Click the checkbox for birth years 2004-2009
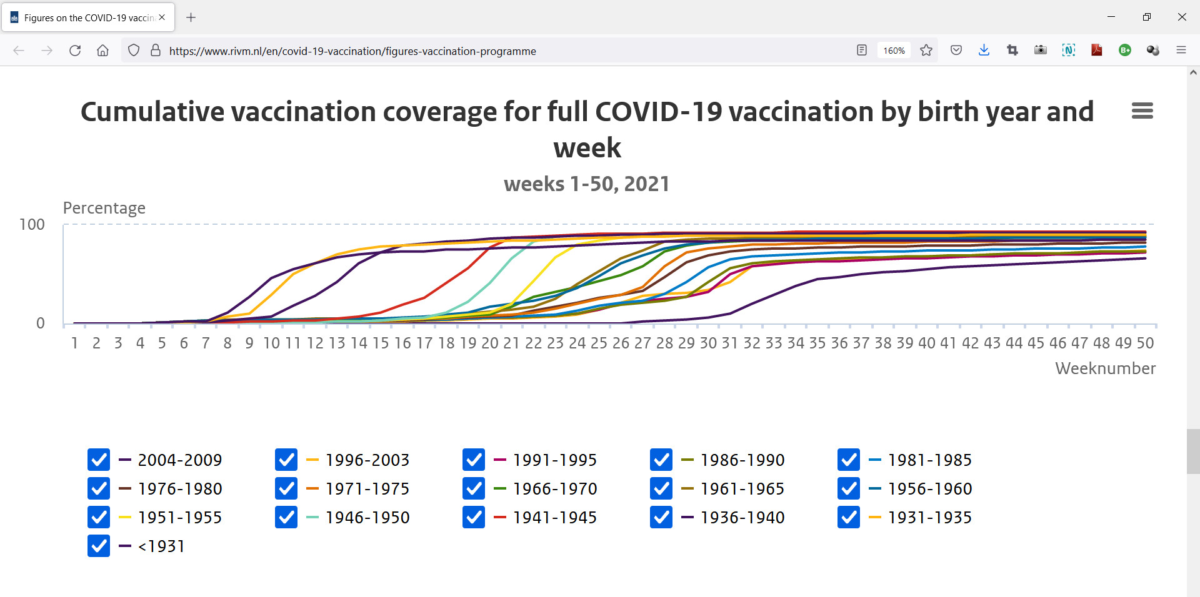coord(99,460)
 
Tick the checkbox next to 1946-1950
coord(286,518)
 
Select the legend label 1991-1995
coord(555,460)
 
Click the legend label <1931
coord(161,546)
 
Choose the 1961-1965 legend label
coord(742,489)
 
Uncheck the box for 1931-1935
coord(849,518)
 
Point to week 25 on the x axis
coord(599,343)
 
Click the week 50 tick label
coord(1145,343)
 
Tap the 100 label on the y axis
coord(32,225)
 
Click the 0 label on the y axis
coord(41,323)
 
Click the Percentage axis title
coord(104,208)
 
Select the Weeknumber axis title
coord(1106,368)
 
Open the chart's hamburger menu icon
coord(1142,111)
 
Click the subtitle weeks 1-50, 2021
coord(587,184)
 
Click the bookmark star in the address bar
coord(926,51)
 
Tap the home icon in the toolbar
coord(103,51)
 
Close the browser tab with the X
coord(162,17)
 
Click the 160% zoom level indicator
coord(894,51)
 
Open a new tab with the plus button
coord(191,17)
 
